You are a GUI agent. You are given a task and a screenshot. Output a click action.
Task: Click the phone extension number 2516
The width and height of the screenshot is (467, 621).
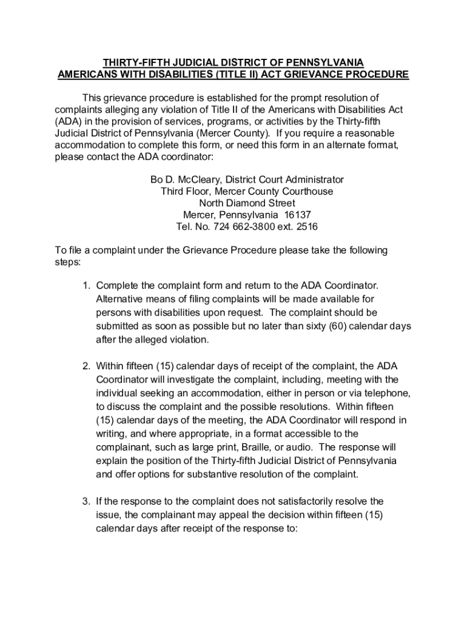[x=306, y=227]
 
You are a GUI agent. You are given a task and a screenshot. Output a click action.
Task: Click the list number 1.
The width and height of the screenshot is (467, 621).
[x=86, y=285]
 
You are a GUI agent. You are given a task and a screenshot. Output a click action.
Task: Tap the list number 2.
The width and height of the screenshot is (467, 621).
[x=86, y=366]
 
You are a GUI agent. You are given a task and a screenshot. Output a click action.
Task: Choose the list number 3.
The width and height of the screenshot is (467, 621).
[x=86, y=501]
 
